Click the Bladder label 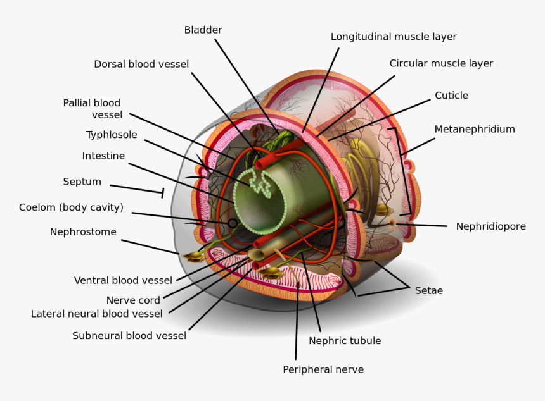pos(203,30)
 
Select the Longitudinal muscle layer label pos(394,37)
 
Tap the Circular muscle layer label pos(441,63)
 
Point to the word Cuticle pos(451,96)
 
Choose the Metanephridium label pos(475,129)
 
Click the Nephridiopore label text pos(490,226)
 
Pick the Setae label pos(428,291)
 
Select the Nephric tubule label pos(345,341)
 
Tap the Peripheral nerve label pos(323,369)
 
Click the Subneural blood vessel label pos(129,336)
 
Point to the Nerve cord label pos(133,300)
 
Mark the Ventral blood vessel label pos(123,280)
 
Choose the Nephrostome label pos(83,232)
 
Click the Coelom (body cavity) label pos(71,207)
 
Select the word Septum pos(82,182)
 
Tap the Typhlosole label pos(112,135)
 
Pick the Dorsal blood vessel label pos(141,64)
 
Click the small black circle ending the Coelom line pos(233,223)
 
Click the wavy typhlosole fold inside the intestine pos(259,182)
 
